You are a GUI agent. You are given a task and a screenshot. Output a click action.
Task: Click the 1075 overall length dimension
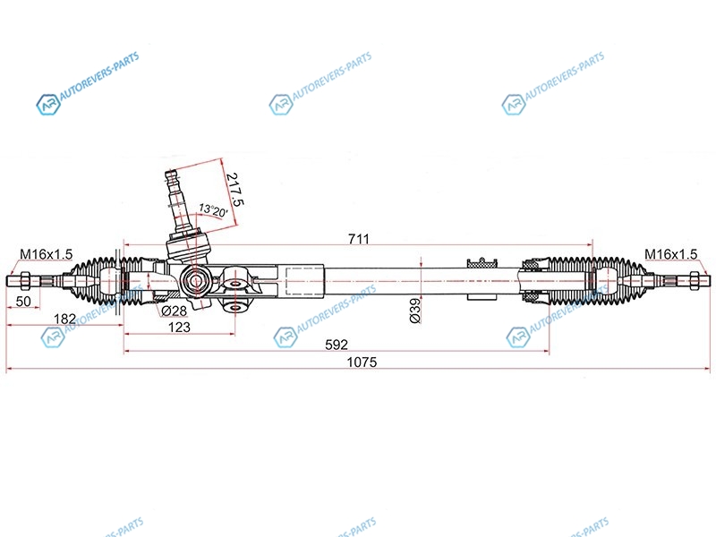coord(362,362)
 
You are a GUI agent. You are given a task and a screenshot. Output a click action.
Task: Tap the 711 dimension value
coord(359,239)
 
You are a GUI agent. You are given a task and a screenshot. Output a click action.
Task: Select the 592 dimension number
coord(337,345)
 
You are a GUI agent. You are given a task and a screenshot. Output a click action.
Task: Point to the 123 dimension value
coord(179,327)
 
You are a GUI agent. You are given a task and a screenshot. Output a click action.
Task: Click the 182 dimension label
coord(64,319)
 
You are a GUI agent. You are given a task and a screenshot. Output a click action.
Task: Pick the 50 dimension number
coord(23,302)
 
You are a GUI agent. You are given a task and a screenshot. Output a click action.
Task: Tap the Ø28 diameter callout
coord(174,311)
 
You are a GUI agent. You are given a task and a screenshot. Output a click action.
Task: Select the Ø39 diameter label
coord(415,311)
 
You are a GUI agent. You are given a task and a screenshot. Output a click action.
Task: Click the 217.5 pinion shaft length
coord(235,189)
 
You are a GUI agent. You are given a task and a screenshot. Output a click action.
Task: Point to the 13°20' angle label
coord(213,210)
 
